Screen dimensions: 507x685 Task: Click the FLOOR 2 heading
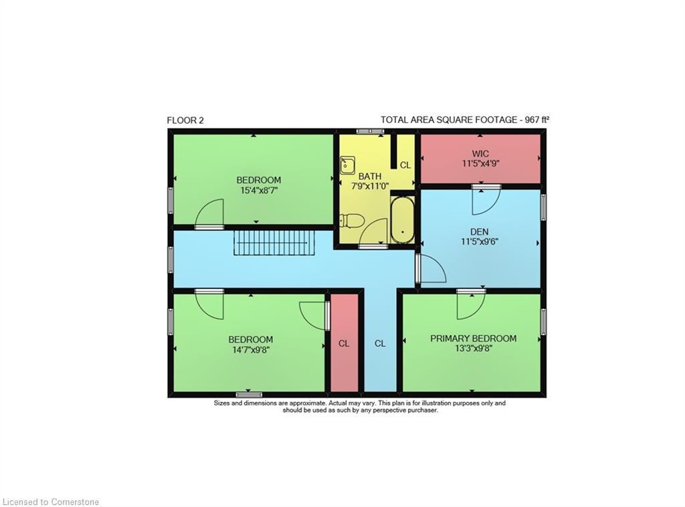[x=185, y=120]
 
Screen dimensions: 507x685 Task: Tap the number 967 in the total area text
[x=530, y=120]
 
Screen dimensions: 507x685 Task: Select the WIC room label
[x=480, y=154]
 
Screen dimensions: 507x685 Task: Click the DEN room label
[x=480, y=232]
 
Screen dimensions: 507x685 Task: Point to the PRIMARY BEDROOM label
[x=473, y=338]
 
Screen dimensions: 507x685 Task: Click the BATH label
[x=369, y=177]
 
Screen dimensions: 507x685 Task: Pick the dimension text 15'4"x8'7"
[x=258, y=190]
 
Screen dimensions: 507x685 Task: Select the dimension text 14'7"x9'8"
[x=250, y=349]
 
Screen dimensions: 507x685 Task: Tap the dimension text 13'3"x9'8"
[x=473, y=348]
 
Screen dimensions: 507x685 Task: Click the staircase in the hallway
[x=273, y=241]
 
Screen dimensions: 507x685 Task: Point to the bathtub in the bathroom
[x=403, y=219]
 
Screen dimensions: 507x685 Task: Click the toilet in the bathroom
[x=351, y=221]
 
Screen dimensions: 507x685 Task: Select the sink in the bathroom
[x=347, y=165]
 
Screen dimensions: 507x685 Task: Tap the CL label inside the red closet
[x=344, y=344]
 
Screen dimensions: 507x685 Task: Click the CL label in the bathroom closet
[x=405, y=165]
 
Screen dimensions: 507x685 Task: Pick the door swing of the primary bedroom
[x=470, y=306]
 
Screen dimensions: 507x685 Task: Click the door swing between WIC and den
[x=484, y=201]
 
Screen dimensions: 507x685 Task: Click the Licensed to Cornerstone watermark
[x=51, y=501]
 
